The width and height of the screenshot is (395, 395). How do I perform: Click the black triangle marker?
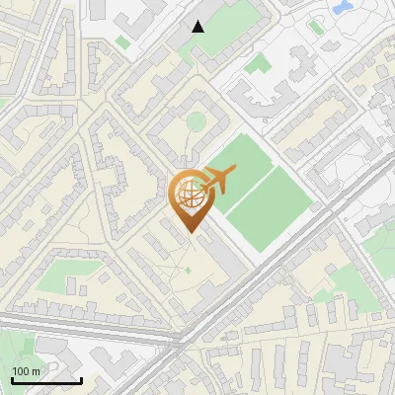click(x=198, y=27)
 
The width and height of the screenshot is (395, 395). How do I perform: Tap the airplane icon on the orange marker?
click(x=216, y=180)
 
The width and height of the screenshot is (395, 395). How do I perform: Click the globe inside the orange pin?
click(x=190, y=196)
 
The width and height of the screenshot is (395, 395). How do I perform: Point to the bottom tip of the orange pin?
click(x=190, y=232)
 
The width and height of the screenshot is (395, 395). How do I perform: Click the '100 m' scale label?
click(x=26, y=371)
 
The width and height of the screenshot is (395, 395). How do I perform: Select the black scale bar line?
click(x=46, y=381)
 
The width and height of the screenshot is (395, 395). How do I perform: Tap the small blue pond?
click(x=344, y=8)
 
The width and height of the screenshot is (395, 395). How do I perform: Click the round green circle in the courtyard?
click(x=197, y=121)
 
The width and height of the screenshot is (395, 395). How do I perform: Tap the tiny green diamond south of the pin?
click(x=188, y=269)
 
